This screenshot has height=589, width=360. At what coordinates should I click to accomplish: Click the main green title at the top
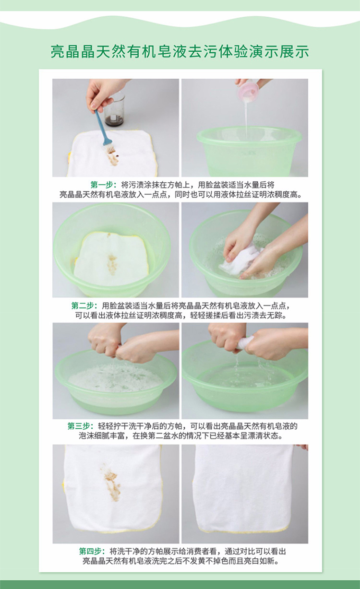(x=180, y=51)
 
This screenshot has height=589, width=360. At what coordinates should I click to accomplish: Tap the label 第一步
(x=102, y=185)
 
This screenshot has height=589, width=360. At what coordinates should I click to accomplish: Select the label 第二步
(x=83, y=306)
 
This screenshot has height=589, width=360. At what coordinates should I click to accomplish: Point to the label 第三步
(x=78, y=426)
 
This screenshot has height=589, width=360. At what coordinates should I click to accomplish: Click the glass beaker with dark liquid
(x=114, y=109)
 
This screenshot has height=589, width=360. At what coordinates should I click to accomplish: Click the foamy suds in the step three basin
(x=115, y=378)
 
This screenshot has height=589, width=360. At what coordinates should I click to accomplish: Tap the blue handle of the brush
(x=100, y=126)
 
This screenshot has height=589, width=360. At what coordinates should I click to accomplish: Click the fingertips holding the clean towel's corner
(x=301, y=447)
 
